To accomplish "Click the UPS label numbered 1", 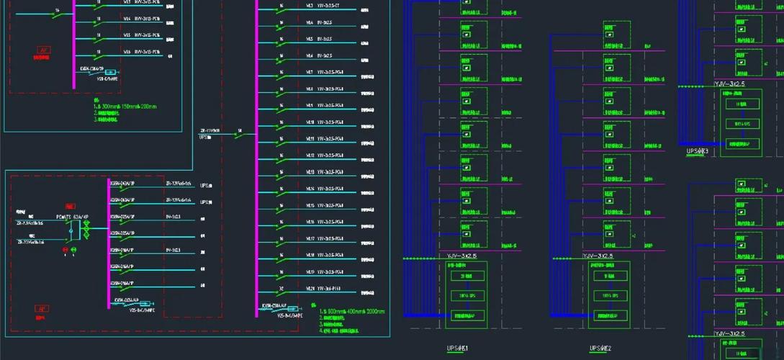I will point(457,349).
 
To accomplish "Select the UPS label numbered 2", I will point(600,348).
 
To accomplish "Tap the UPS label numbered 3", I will point(697,151).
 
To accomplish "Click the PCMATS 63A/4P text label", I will point(72,216).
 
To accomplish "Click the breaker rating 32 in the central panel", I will point(281,288).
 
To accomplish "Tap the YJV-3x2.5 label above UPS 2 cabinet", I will point(598,256).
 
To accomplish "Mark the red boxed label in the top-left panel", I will point(44,51).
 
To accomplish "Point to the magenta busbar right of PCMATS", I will point(109,245).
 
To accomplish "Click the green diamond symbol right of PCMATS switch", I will point(86,230).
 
